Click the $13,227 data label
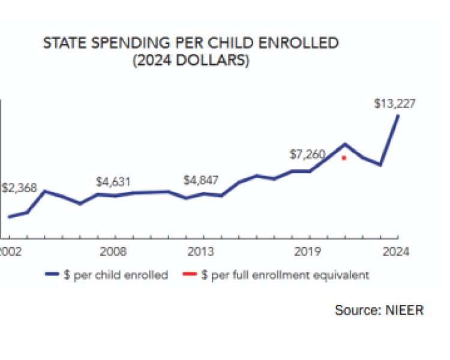tap(394, 103)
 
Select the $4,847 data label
tap(201, 180)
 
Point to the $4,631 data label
tap(113, 181)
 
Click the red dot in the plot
tap(344, 158)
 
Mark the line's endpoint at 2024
tap(398, 115)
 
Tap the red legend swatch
tap(190, 275)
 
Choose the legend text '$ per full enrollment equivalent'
tap(285, 275)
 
